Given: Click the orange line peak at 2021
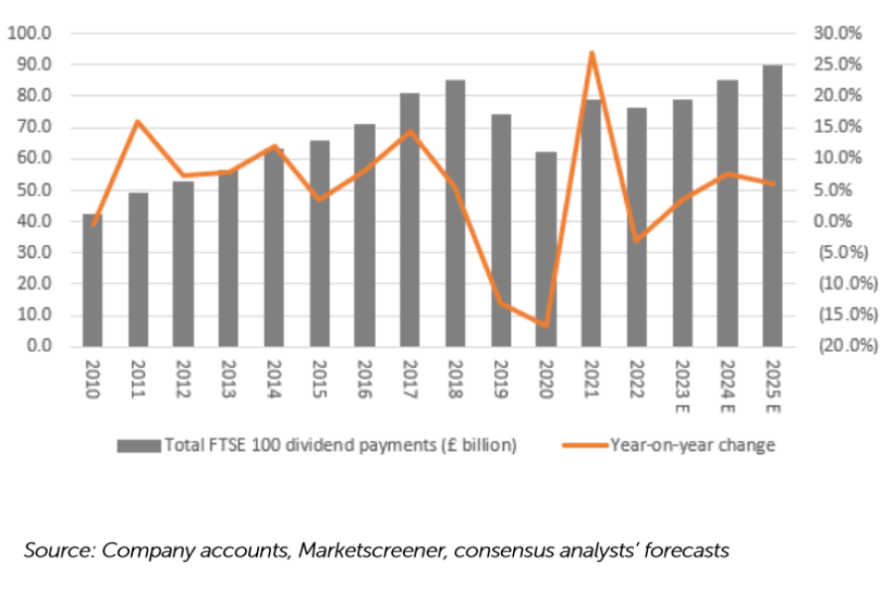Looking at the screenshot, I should pos(591,53).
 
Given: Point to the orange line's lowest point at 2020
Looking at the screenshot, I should pos(546,324).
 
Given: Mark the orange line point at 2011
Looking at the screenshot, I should pos(138,121).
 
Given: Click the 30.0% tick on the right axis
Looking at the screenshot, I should pos(836,34).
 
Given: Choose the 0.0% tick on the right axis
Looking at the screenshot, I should pos(840,221).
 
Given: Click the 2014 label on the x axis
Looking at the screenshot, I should pos(274,380).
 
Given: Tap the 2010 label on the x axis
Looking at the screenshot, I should pos(92,380).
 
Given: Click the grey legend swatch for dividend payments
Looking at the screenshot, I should pos(138,445).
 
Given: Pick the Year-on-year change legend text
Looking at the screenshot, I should pos(692,445).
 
